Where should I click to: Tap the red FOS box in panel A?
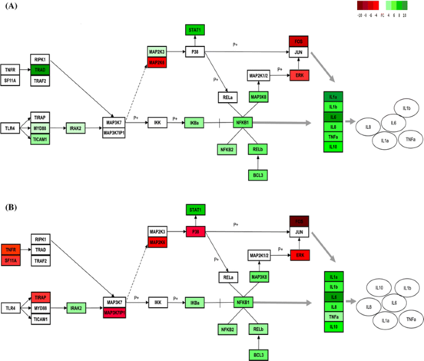coord(298,41)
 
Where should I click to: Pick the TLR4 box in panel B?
coord(11,308)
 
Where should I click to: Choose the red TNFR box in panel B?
coord(11,249)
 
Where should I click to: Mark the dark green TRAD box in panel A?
coord(40,70)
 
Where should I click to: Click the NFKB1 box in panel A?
coord(243,123)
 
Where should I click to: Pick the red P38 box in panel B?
coord(196,232)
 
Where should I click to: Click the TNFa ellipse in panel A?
coord(410,140)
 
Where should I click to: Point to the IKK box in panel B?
coord(157,303)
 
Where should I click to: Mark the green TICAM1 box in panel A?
coord(40,140)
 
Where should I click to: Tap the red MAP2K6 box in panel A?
coord(158,62)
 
